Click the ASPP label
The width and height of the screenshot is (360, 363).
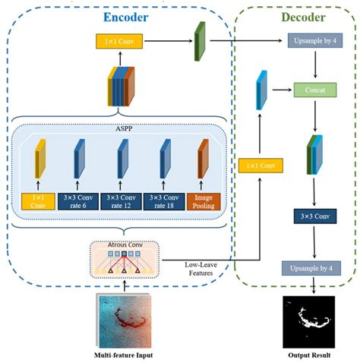(120, 129)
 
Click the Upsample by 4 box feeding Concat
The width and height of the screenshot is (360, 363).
(315, 39)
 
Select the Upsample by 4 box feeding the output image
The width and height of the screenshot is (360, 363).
(315, 267)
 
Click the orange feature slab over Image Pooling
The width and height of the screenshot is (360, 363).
(203, 162)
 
